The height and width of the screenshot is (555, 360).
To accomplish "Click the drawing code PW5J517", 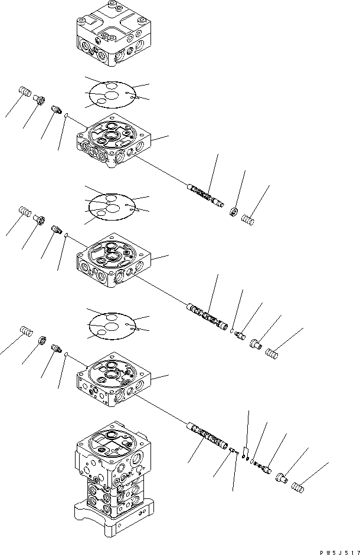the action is [340, 552].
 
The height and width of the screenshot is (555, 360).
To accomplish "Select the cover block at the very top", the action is [114, 34].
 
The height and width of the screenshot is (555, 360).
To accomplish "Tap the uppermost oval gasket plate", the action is [112, 94].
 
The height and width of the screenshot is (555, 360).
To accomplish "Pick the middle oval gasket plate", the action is [112, 207].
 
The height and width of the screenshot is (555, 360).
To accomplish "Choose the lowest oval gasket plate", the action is [112, 326].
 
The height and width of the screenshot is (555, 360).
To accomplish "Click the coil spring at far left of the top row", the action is [25, 91].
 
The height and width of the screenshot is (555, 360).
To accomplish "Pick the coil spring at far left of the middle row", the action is [25, 211].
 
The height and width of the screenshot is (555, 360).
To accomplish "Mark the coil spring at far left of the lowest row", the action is [27, 331].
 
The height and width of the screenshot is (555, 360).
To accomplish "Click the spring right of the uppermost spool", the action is [248, 220].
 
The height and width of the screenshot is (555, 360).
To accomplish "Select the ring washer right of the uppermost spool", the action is [234, 212].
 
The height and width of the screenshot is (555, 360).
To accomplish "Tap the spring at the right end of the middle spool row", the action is [272, 353].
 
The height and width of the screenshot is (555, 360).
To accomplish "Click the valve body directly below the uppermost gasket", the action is [114, 140].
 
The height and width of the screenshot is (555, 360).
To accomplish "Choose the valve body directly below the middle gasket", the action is [114, 261].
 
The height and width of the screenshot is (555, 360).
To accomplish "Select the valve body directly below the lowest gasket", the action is [114, 380].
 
